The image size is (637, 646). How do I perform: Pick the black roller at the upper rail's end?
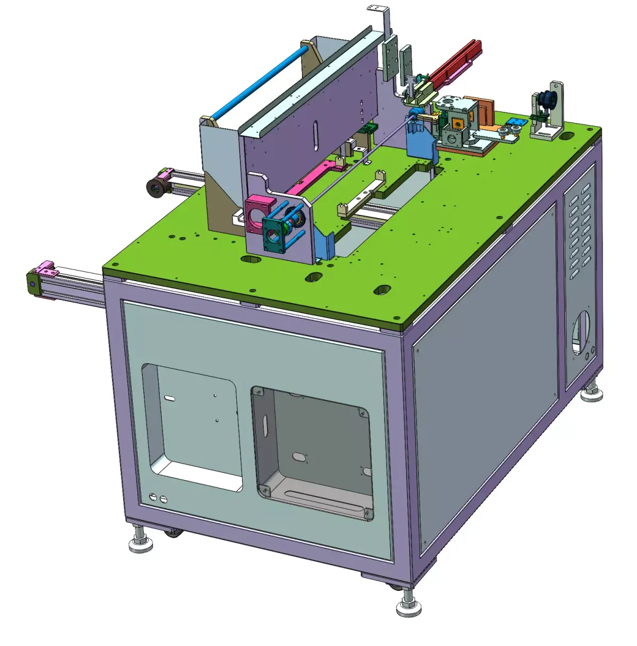tap(156, 187)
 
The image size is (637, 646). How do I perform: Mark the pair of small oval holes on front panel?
tap(158, 498)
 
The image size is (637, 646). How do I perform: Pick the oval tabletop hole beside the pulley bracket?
tap(567, 136)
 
